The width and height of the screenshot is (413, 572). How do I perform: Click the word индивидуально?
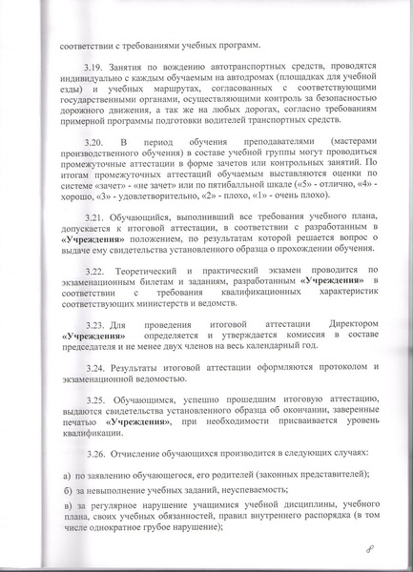(92, 86)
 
